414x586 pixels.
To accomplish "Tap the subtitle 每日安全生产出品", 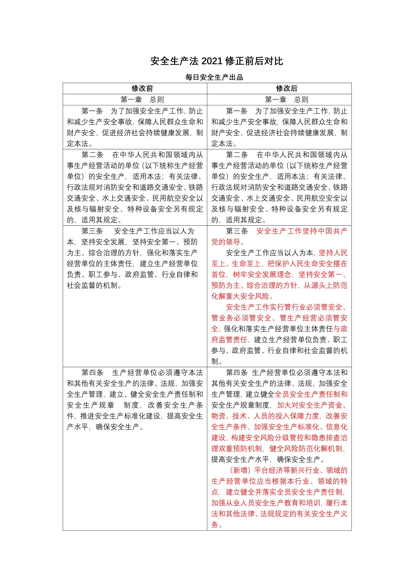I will [214, 77].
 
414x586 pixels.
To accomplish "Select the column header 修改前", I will [142, 88].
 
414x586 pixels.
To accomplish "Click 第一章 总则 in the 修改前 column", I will [142, 100].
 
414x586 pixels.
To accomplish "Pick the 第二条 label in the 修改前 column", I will [92, 155].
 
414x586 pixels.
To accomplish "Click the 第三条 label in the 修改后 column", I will [237, 231].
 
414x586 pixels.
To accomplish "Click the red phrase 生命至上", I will [246, 264].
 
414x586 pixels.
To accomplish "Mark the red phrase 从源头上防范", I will [326, 285].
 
